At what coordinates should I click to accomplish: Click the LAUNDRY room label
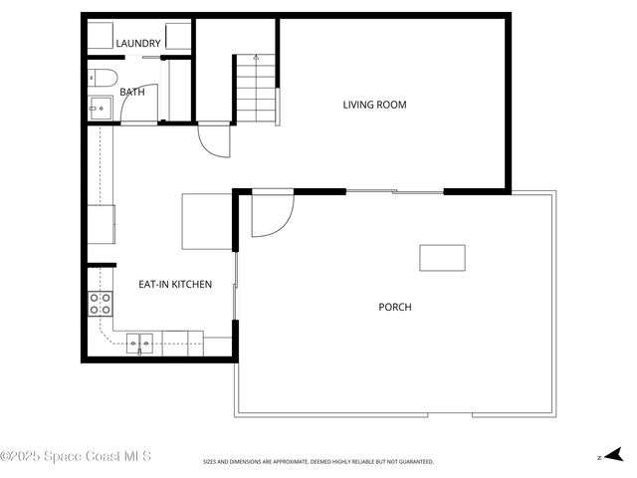pyautogui.click(x=138, y=44)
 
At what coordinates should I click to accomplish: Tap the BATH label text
pyautogui.click(x=132, y=92)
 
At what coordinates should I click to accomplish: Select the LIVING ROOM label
pyautogui.click(x=374, y=105)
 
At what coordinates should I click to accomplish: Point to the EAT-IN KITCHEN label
pyautogui.click(x=175, y=285)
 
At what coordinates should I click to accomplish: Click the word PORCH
pyautogui.click(x=394, y=307)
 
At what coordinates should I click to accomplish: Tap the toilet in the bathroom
pyautogui.click(x=104, y=79)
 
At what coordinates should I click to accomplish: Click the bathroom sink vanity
pyautogui.click(x=100, y=108)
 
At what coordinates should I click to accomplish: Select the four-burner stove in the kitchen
pyautogui.click(x=101, y=304)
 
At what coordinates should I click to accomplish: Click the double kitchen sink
pyautogui.click(x=139, y=344)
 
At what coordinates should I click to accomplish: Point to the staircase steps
pyautogui.click(x=254, y=90)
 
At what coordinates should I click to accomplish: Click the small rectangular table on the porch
pyautogui.click(x=442, y=258)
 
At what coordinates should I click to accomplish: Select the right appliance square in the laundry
pyautogui.click(x=178, y=36)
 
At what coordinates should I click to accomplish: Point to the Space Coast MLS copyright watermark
pyautogui.click(x=76, y=456)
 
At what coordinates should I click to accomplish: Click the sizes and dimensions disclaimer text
pyautogui.click(x=318, y=462)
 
